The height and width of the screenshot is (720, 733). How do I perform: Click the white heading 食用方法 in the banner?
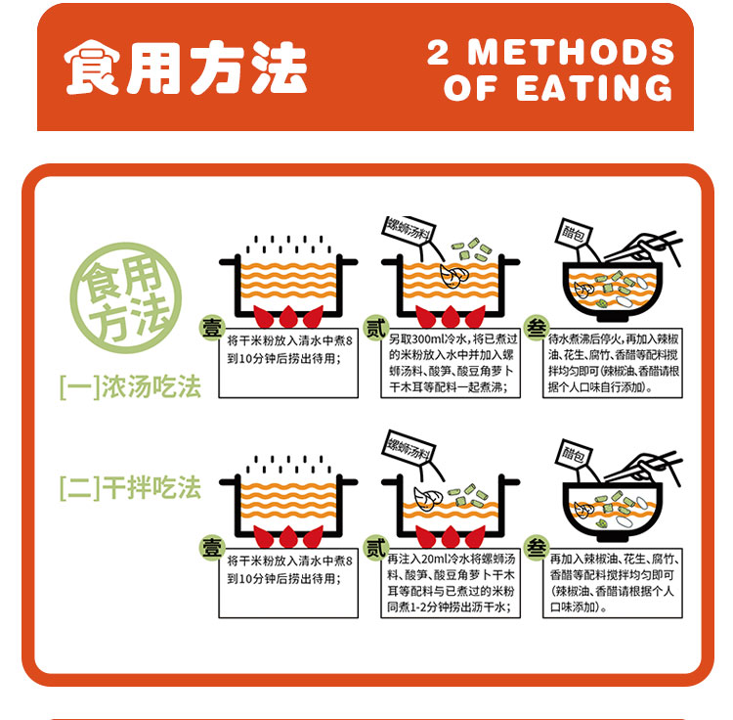tap(186, 67)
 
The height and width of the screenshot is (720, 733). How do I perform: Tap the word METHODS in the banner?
tap(572, 52)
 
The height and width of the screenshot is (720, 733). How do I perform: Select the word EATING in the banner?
tap(594, 87)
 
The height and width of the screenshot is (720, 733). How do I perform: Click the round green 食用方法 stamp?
tap(126, 297)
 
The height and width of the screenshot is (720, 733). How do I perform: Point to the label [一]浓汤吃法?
tap(130, 386)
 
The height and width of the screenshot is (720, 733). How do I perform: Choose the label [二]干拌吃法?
tap(130, 488)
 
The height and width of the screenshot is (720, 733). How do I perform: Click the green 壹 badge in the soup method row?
tap(212, 328)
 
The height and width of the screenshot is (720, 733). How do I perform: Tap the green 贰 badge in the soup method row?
tap(376, 328)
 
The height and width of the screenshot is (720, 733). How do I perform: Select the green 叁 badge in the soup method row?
tap(537, 328)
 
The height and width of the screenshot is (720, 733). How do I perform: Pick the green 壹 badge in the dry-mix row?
tap(212, 548)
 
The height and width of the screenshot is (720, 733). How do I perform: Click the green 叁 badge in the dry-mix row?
tap(537, 548)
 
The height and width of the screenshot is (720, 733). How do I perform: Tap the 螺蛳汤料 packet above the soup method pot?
tap(410, 231)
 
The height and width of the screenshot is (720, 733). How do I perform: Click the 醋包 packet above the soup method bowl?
tap(575, 233)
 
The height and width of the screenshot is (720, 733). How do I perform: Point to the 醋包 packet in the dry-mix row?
tap(575, 453)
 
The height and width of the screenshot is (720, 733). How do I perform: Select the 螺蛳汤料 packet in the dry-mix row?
tap(410, 447)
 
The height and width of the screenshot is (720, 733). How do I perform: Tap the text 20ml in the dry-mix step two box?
tap(434, 559)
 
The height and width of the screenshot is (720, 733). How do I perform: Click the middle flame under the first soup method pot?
tap(288, 317)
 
